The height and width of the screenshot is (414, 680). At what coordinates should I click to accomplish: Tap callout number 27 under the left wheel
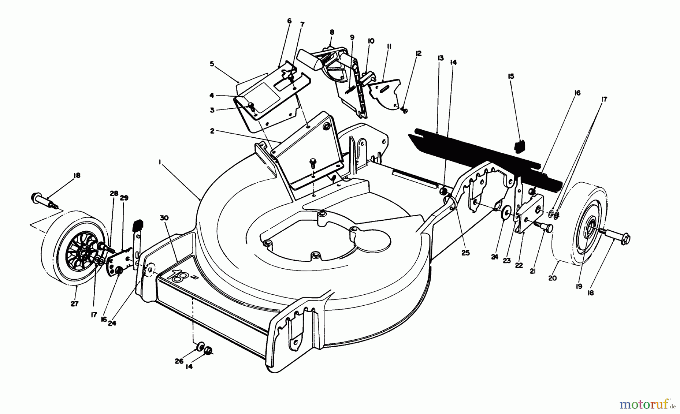(x=74, y=304)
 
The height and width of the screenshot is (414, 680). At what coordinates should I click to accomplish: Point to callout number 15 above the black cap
(x=511, y=77)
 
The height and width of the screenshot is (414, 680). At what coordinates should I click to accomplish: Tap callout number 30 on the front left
(x=166, y=218)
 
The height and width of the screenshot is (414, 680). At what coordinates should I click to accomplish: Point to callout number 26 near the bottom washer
(x=179, y=361)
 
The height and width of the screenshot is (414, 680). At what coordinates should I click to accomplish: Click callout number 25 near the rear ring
(x=465, y=253)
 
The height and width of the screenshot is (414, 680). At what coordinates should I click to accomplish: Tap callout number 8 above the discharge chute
(x=332, y=32)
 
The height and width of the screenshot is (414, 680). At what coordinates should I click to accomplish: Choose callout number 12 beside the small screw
(x=417, y=53)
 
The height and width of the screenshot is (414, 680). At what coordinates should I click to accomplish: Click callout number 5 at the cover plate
(x=212, y=64)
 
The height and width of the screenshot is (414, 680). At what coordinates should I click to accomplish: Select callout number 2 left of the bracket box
(x=212, y=131)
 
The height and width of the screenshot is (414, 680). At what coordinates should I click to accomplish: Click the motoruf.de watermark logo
(x=647, y=405)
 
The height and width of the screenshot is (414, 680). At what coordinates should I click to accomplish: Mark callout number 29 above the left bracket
(x=124, y=198)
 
